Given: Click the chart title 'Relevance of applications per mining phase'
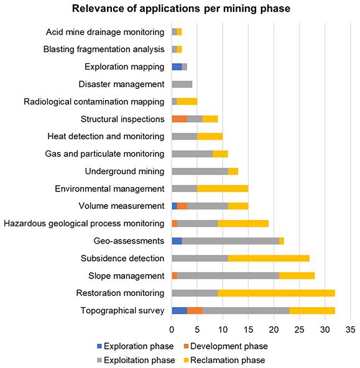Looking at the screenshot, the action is (x=181, y=9).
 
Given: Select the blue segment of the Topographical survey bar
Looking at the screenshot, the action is (x=180, y=311).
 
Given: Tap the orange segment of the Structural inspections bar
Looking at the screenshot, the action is (x=180, y=119).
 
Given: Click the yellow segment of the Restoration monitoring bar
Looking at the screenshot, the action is (x=277, y=293).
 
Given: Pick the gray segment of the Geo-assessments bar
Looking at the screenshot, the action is (x=231, y=241).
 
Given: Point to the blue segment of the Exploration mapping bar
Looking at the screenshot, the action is (x=177, y=67).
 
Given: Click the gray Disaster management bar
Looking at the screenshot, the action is (x=182, y=85).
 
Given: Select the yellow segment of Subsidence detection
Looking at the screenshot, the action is (x=269, y=259).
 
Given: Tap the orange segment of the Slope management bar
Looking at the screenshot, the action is (x=175, y=276).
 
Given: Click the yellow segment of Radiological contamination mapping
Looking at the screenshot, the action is (x=187, y=101).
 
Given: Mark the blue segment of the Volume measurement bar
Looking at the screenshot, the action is (x=175, y=206).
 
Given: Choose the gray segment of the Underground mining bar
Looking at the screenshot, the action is (x=200, y=172).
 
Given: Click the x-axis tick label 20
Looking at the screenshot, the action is (x=274, y=329).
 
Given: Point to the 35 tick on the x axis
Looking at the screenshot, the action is (x=351, y=329).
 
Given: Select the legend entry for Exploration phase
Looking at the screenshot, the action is (x=136, y=346).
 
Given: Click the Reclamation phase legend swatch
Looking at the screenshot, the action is (x=186, y=360).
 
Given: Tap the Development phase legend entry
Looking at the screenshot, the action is (x=226, y=346).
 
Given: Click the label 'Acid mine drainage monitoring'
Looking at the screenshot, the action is (x=105, y=32).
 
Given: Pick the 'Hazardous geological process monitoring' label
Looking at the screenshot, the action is (x=84, y=223).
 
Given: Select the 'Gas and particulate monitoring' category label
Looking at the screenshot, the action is (x=104, y=154).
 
